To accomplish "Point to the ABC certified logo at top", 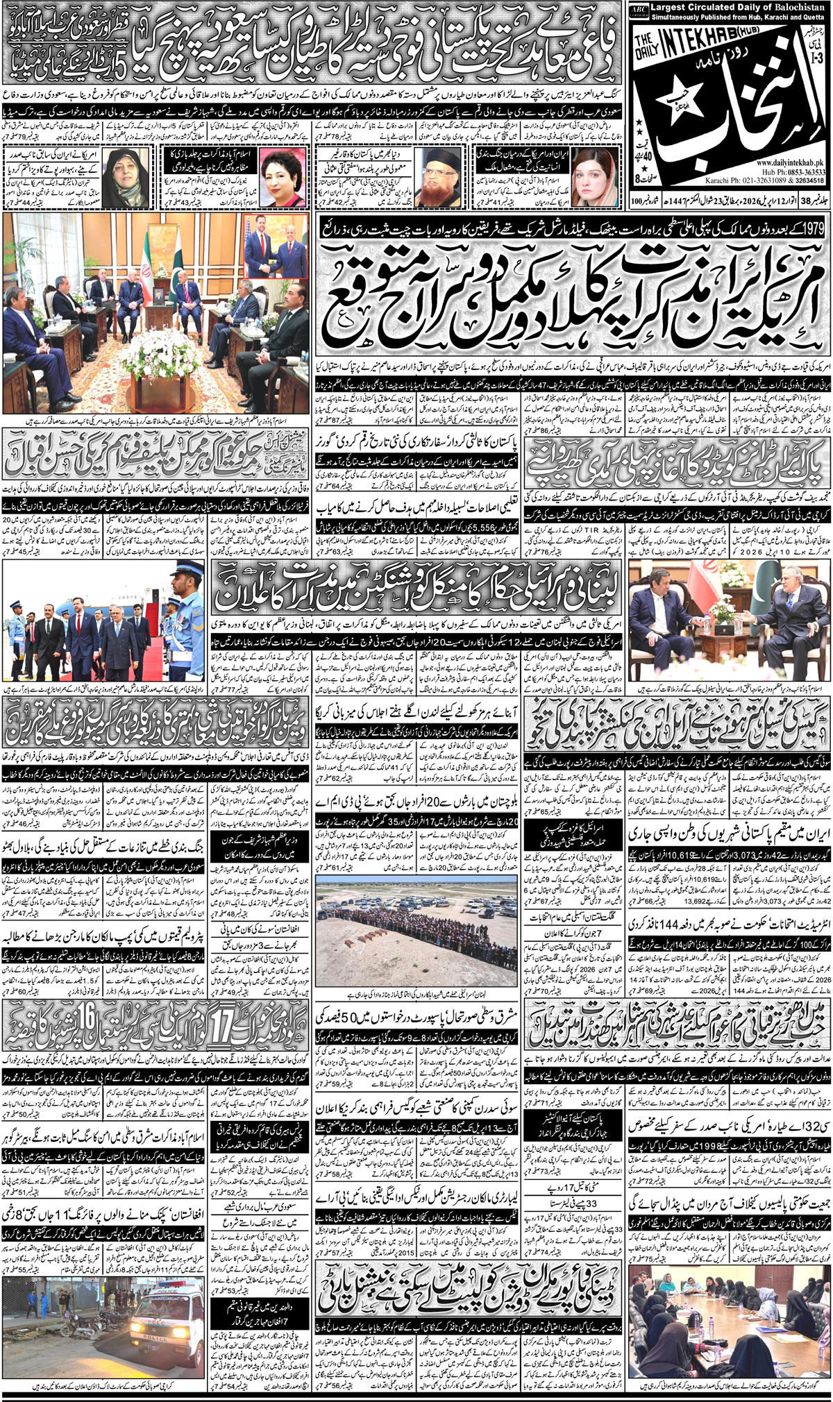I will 638,9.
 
